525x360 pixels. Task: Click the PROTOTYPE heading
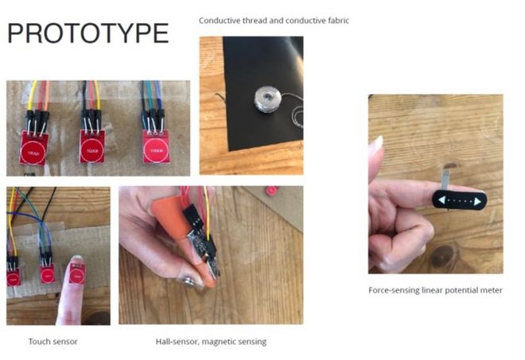click(x=87, y=33)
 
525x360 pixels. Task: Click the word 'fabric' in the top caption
click(x=338, y=21)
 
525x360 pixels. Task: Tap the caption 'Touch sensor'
click(x=53, y=342)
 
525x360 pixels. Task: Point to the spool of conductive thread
click(x=266, y=99)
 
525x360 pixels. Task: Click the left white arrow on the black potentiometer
click(x=442, y=200)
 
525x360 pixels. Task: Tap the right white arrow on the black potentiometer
click(x=477, y=201)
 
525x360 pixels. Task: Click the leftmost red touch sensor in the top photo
click(x=33, y=148)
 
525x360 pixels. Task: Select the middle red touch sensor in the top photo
click(x=91, y=146)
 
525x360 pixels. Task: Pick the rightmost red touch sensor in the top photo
click(x=156, y=146)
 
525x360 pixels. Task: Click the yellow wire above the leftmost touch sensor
click(x=32, y=95)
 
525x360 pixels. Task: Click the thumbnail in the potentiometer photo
click(x=378, y=144)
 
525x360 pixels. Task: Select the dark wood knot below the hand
click(x=442, y=255)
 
